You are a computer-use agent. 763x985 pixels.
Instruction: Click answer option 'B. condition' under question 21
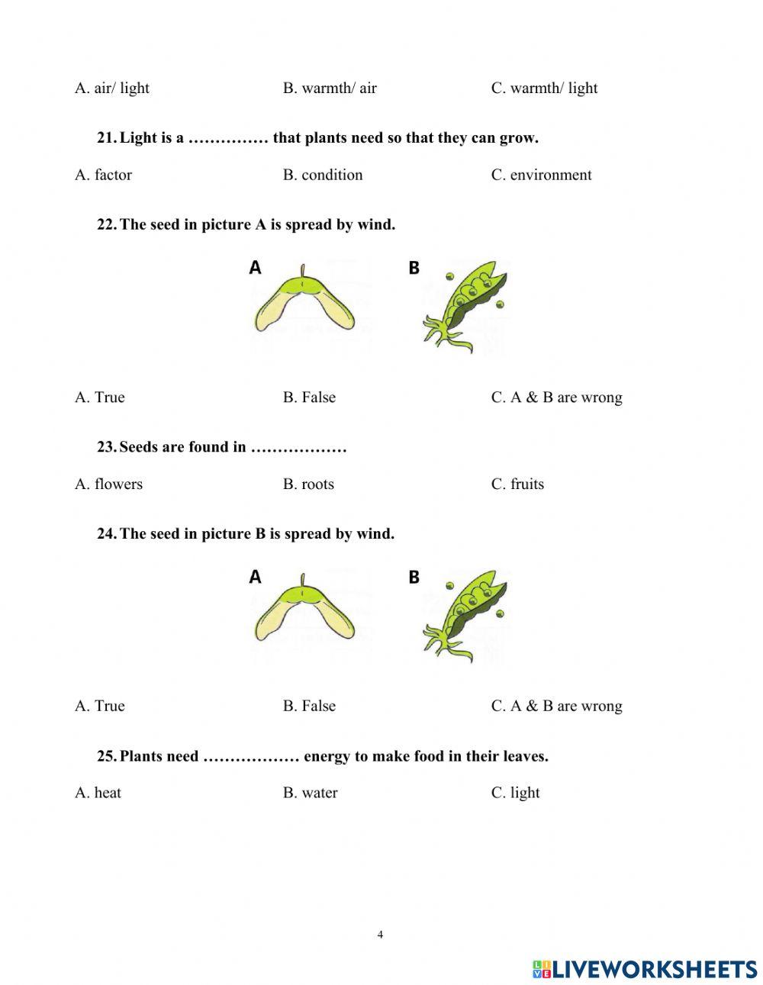click(x=322, y=175)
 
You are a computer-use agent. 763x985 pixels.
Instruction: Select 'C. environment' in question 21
click(x=541, y=175)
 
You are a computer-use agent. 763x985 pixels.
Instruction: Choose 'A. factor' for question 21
click(x=103, y=175)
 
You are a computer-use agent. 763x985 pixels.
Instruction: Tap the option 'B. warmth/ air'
click(x=330, y=88)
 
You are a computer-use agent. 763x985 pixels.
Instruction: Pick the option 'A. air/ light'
click(x=112, y=88)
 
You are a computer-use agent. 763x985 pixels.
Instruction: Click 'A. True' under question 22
click(x=100, y=397)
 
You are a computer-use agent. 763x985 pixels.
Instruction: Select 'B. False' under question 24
click(x=309, y=706)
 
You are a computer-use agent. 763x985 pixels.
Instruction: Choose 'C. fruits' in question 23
click(x=517, y=484)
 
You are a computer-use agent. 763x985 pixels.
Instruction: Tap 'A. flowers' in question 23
click(x=108, y=484)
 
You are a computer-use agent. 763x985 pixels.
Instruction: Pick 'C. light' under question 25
click(x=515, y=793)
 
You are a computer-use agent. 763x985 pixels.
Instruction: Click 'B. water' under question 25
click(x=310, y=793)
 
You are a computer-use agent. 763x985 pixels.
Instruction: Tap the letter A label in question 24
click(x=256, y=577)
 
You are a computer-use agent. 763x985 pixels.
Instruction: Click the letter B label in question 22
click(x=414, y=268)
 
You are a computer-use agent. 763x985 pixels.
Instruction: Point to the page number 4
click(x=380, y=935)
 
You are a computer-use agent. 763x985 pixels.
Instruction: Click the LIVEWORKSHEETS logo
click(x=645, y=969)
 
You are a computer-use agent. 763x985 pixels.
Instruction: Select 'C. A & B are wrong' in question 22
click(x=556, y=397)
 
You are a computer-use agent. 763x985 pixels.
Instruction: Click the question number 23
click(x=106, y=447)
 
